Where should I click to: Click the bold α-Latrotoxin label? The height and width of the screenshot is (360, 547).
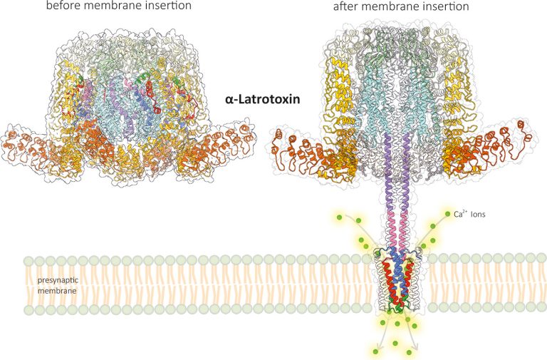pos(262,100)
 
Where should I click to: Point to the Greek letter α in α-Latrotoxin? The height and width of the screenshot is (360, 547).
pos(229,101)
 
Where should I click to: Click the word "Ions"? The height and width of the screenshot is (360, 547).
pos(478,214)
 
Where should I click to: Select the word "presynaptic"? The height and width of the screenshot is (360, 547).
pos(58,280)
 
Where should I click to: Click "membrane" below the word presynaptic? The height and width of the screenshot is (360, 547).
pos(57,291)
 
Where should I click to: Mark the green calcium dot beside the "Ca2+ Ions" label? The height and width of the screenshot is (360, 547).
pos(447,214)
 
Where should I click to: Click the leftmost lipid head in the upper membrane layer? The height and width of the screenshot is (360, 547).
pos(29,260)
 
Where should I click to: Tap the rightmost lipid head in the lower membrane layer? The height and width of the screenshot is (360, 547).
pos(541,307)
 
